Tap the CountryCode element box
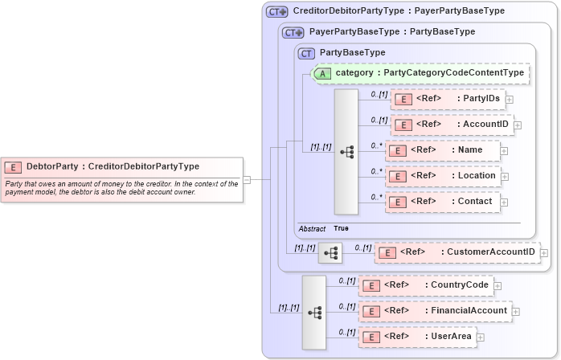(x=425, y=284)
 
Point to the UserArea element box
(x=417, y=336)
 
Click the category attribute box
(x=420, y=73)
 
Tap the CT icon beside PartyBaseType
(x=305, y=53)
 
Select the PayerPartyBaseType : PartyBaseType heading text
(x=391, y=32)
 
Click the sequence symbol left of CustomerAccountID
(x=330, y=252)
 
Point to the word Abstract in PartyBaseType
(x=312, y=228)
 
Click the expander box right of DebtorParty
(x=248, y=179)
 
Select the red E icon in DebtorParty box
(x=13, y=167)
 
